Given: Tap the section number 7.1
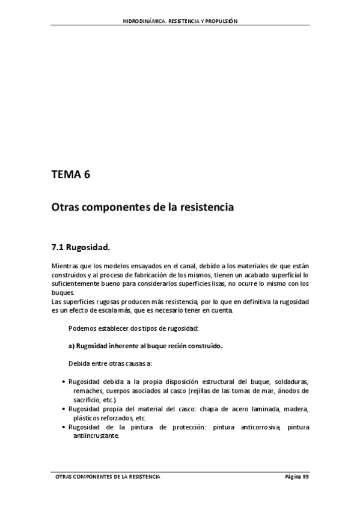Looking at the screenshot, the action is (x=57, y=247).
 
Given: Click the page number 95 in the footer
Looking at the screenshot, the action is (x=305, y=476).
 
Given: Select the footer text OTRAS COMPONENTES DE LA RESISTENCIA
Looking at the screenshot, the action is (x=108, y=476).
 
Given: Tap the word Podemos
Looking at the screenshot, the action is (x=82, y=328).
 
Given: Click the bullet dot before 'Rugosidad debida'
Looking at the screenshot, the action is (x=64, y=382).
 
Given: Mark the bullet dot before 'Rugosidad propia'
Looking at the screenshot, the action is (x=64, y=409).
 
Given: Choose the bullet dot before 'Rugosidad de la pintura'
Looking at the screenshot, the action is (x=64, y=427).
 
